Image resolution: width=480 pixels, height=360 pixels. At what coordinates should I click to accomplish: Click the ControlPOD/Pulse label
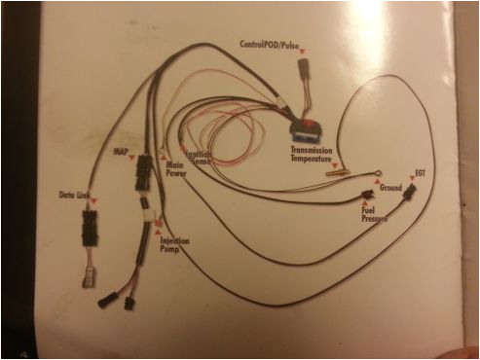pyautogui.click(x=275, y=45)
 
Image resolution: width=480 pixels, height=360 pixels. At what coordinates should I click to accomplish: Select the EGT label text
pyautogui.click(x=420, y=172)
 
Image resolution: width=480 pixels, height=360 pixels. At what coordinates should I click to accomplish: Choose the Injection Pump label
pyautogui.click(x=174, y=243)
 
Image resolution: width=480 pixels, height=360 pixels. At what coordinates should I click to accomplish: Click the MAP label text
pyautogui.click(x=121, y=152)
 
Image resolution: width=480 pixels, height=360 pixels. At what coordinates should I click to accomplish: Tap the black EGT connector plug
pyautogui.click(x=409, y=192)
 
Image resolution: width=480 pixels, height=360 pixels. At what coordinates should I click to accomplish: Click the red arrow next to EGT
pyautogui.click(x=411, y=179)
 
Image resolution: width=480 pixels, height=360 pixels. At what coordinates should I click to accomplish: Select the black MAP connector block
pyautogui.click(x=144, y=171)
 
